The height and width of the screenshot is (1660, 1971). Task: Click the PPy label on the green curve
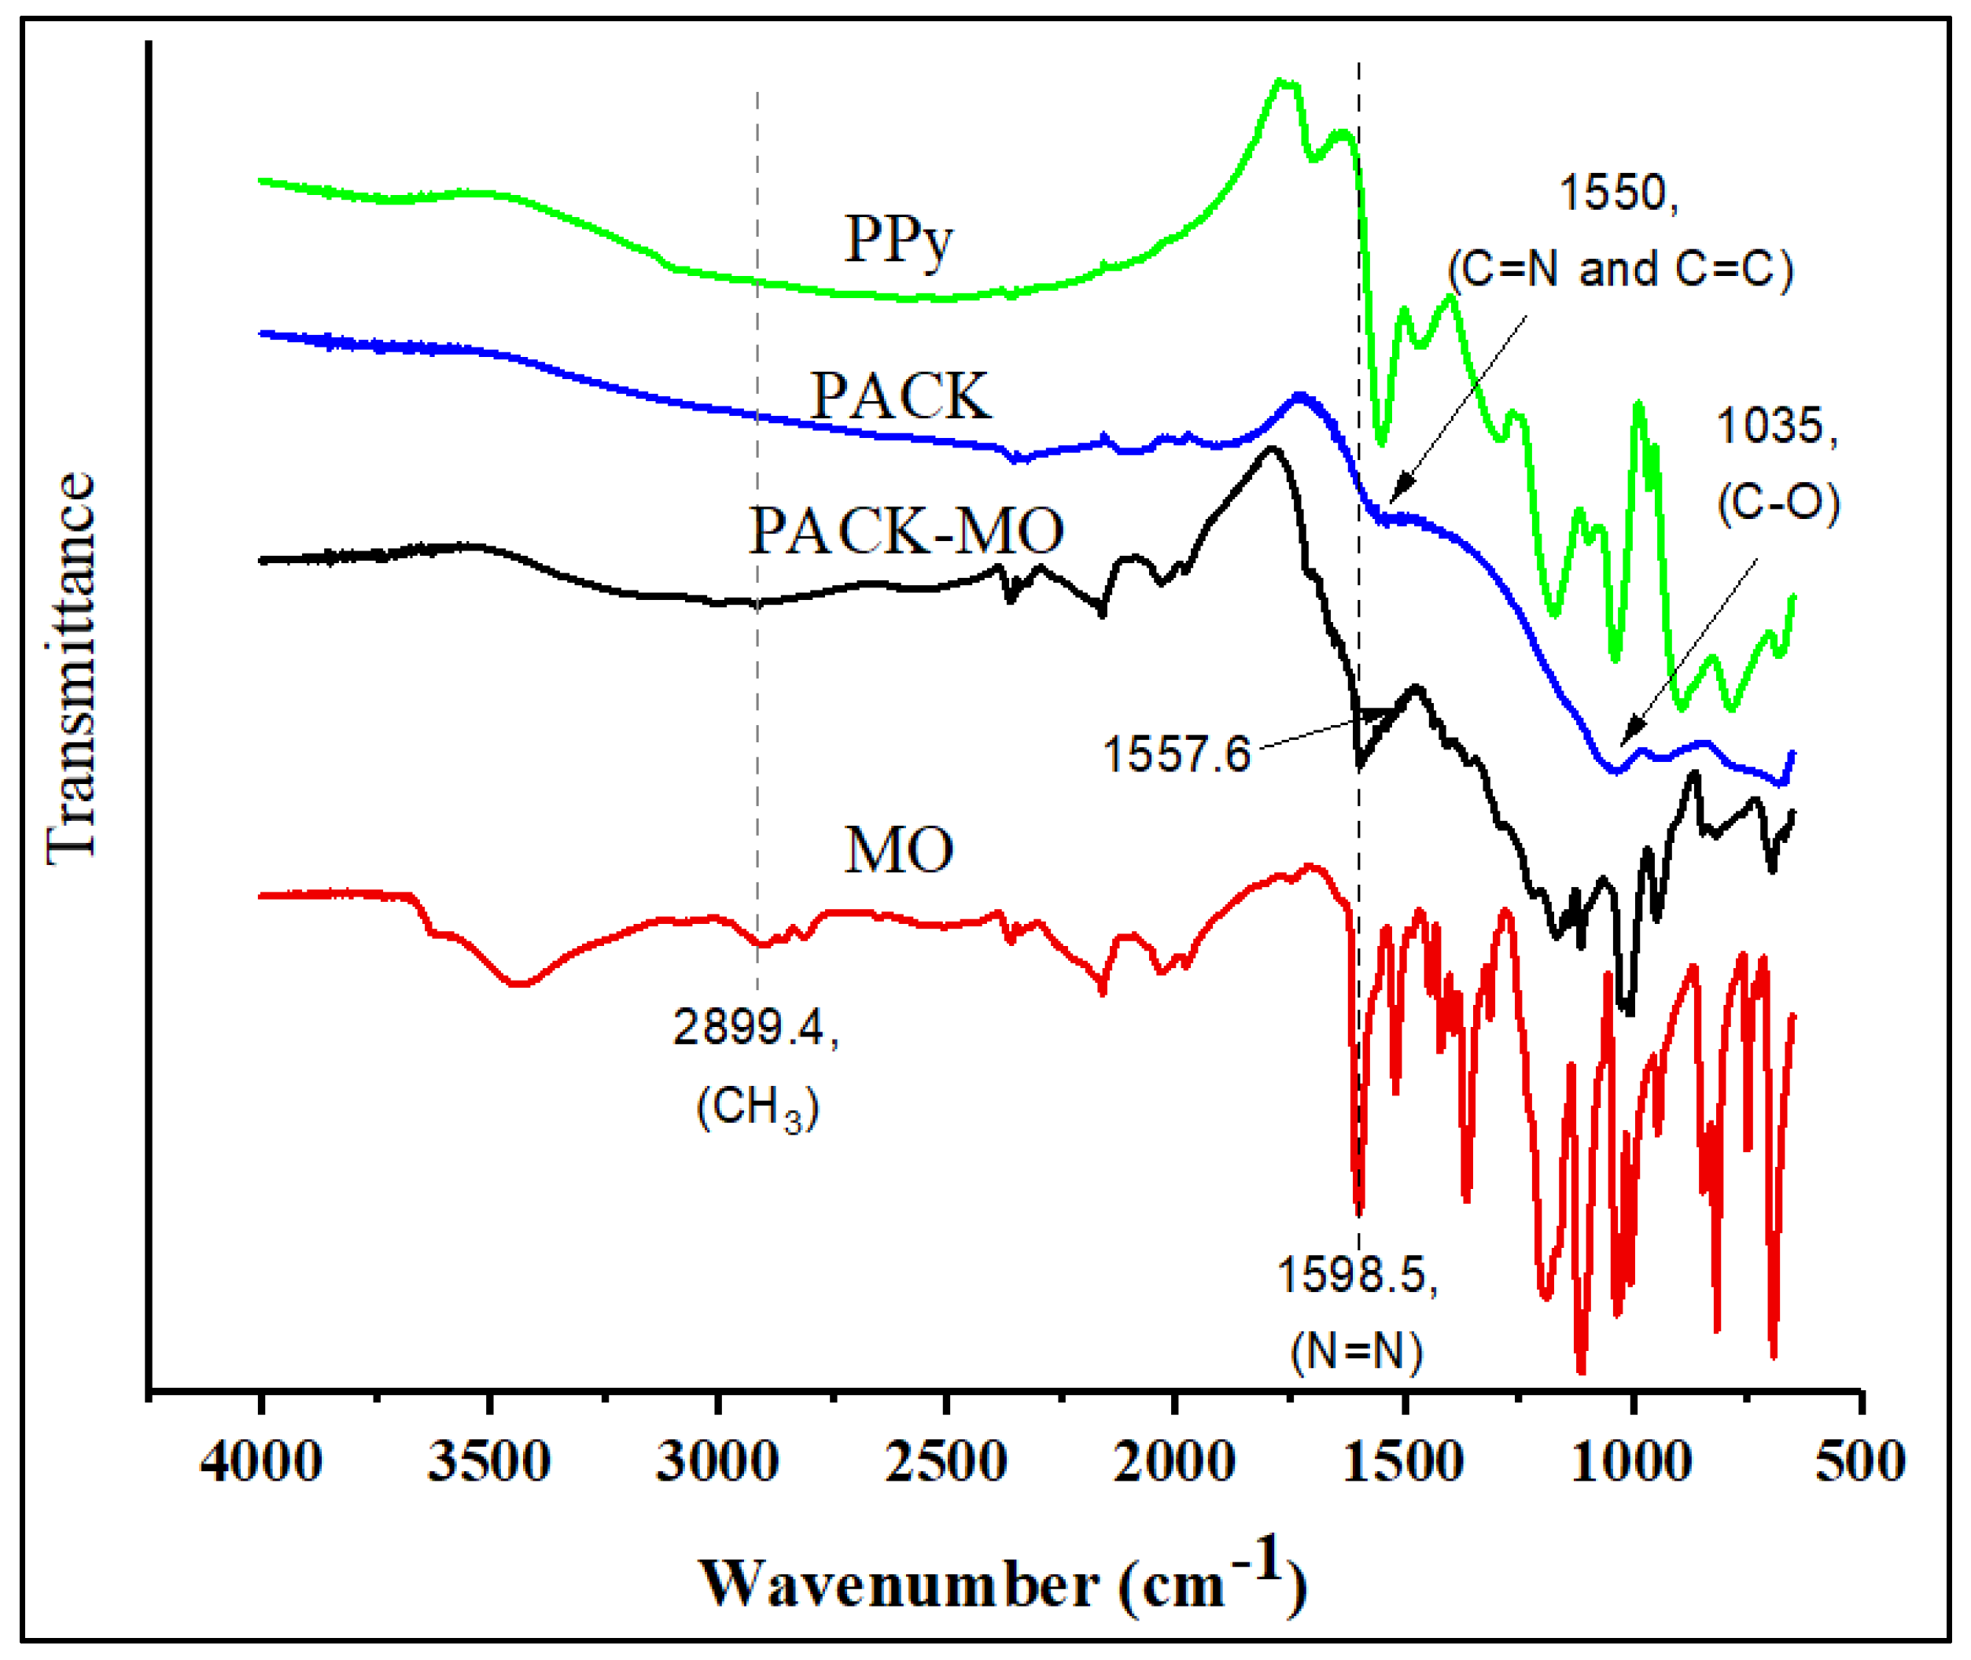click(898, 241)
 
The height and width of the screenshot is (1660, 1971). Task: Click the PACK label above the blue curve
click(901, 396)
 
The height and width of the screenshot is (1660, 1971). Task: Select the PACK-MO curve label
click(905, 532)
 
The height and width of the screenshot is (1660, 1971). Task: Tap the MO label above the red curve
click(898, 851)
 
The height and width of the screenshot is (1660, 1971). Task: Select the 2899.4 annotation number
click(755, 1027)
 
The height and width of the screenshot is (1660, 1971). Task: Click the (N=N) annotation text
click(1357, 1353)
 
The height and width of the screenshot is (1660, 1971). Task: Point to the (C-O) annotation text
click(1777, 503)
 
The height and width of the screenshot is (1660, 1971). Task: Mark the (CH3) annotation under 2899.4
click(757, 1108)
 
